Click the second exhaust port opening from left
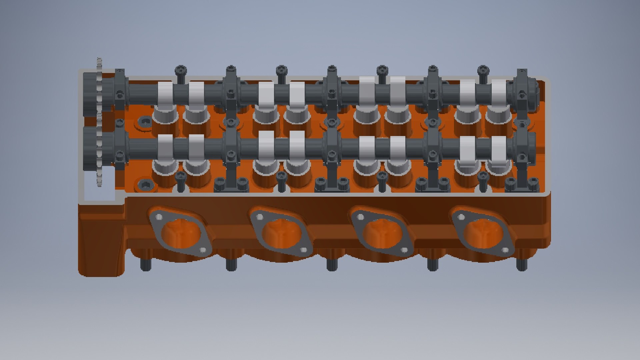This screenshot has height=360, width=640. point(282,233)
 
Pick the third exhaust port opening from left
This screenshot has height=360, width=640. point(382,233)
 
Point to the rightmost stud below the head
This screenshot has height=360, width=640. point(521,263)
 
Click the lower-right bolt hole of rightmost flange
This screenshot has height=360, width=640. point(505,250)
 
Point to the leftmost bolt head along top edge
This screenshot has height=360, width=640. point(180,70)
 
